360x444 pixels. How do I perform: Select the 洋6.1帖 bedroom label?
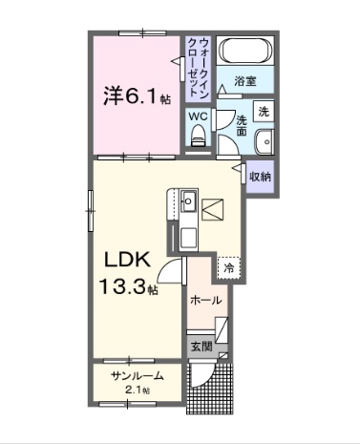tap(137, 95)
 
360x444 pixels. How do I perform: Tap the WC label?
tap(197, 116)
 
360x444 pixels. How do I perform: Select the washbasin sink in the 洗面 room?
tap(264, 141)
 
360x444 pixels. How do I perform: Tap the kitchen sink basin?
tap(188, 201)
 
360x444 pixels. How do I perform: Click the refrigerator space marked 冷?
tap(229, 269)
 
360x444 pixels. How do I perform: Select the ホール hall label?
tap(205, 300)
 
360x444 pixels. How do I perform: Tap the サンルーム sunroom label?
tap(134, 375)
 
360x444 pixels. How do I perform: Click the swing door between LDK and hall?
tap(168, 280)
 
